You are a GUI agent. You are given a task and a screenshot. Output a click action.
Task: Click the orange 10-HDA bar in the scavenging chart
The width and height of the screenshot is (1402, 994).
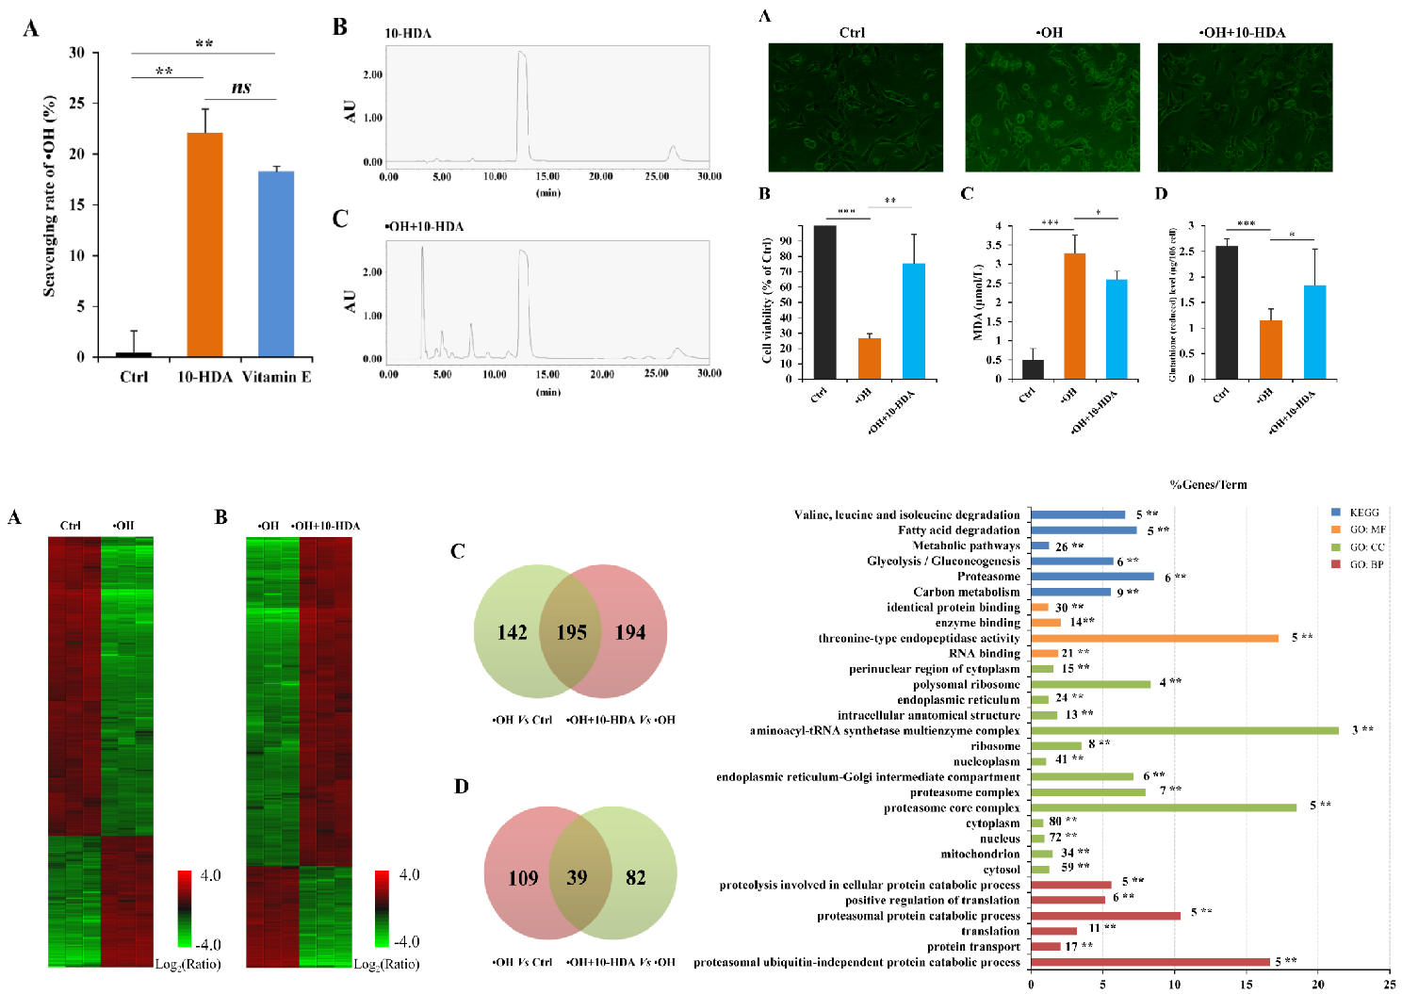click(x=204, y=245)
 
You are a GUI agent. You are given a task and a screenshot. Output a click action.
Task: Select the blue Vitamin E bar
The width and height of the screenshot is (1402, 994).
click(x=276, y=264)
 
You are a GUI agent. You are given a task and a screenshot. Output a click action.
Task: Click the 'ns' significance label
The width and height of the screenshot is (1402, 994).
click(x=241, y=88)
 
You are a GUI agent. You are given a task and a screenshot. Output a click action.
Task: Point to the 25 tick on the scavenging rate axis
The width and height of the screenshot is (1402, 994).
click(x=76, y=103)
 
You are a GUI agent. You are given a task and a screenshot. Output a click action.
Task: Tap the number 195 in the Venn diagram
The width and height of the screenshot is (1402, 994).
click(x=571, y=632)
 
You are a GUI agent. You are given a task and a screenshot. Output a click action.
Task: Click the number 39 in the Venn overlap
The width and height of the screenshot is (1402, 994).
click(x=577, y=878)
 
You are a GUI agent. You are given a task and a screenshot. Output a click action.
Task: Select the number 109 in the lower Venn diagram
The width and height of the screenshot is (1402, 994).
click(x=523, y=878)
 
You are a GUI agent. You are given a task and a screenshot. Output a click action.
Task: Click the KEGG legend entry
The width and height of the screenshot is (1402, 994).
click(x=1363, y=513)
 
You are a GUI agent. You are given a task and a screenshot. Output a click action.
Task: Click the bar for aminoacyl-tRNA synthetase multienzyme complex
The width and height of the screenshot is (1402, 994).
click(x=1184, y=730)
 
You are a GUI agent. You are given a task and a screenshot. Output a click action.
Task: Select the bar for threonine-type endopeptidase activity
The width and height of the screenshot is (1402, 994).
click(x=1154, y=638)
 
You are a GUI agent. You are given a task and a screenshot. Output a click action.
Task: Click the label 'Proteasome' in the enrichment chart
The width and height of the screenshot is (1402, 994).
click(x=988, y=577)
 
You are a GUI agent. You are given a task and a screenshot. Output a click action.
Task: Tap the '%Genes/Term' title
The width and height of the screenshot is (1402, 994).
click(x=1208, y=484)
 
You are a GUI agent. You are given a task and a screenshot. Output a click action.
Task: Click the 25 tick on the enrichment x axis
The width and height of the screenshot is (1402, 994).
click(x=1389, y=985)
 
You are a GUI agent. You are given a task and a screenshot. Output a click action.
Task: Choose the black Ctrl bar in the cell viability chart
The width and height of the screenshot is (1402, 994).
click(x=824, y=302)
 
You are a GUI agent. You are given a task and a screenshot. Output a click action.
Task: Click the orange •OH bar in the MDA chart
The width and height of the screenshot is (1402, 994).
click(x=1074, y=317)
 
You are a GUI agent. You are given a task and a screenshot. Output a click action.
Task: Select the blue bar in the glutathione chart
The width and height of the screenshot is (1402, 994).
click(x=1314, y=333)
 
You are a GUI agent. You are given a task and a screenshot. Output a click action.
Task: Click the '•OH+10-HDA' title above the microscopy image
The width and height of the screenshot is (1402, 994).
click(x=1242, y=32)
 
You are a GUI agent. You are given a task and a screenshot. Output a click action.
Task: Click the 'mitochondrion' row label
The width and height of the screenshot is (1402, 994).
click(x=980, y=854)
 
